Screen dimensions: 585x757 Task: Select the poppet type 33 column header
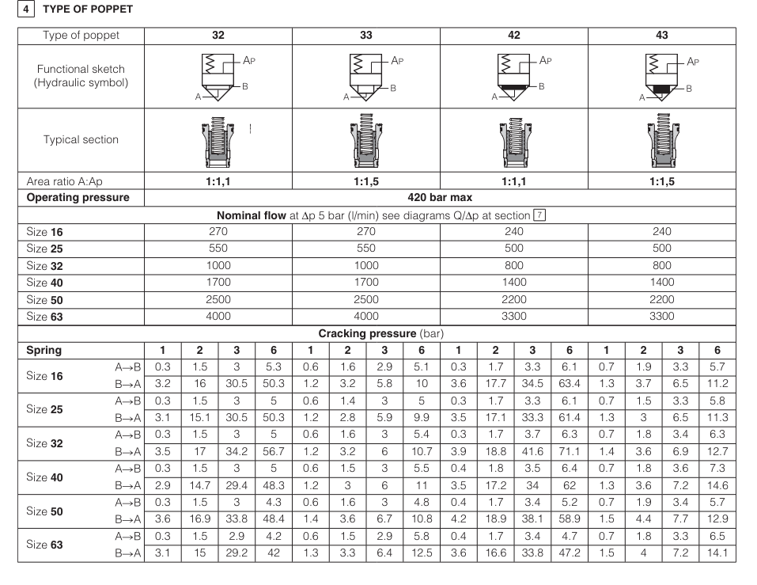(x=365, y=36)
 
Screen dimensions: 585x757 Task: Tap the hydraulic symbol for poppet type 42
(x=513, y=77)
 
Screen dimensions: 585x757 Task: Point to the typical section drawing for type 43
(x=661, y=139)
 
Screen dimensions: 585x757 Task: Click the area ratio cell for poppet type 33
(x=365, y=181)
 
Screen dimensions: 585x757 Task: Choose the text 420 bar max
(x=440, y=197)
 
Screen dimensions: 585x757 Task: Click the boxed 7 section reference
(x=539, y=215)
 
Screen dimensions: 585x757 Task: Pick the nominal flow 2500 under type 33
(x=365, y=299)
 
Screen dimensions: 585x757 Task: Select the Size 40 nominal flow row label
(x=44, y=283)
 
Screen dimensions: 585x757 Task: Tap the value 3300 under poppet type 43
(x=661, y=316)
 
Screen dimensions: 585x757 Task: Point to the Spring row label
(x=44, y=350)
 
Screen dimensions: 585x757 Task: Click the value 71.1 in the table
(x=570, y=451)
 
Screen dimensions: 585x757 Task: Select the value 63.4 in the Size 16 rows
(x=570, y=383)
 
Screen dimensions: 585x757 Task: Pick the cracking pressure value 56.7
(x=273, y=451)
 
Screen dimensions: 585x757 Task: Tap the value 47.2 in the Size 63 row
(x=570, y=553)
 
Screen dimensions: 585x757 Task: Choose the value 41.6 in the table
(x=532, y=451)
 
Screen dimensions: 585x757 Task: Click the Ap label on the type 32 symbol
(x=249, y=60)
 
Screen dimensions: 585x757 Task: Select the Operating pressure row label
(x=78, y=197)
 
